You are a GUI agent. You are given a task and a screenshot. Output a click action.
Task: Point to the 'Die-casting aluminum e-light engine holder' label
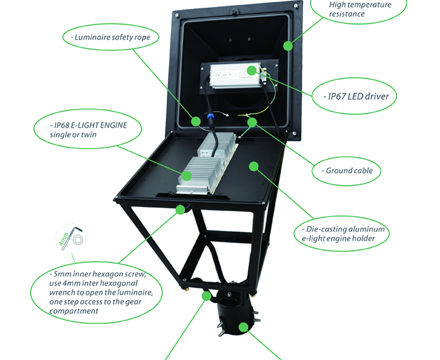pos(343,234)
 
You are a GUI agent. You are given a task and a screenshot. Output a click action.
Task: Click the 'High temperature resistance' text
pos(360,9)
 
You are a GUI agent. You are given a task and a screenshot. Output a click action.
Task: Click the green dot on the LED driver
pos(252,70)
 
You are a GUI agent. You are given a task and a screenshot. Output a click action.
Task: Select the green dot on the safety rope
pos(196,121)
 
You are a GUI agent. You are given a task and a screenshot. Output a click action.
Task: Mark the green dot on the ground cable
pos(251,122)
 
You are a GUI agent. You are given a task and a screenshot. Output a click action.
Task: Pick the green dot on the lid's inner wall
pos(288,46)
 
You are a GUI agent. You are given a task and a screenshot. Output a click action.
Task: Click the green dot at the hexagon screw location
pos(180,209)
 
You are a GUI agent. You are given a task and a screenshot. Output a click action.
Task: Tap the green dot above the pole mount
pos(207,296)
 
